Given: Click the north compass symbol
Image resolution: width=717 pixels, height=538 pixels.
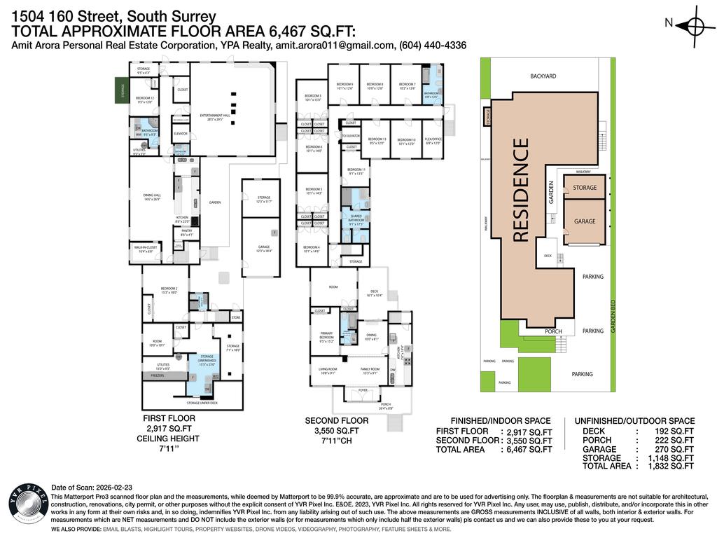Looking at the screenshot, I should [695, 26].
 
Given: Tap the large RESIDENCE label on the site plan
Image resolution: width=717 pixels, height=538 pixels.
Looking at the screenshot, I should [521, 191].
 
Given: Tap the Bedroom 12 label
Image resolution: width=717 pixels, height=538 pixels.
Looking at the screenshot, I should [144, 99].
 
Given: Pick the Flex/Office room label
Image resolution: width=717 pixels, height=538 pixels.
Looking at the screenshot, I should [433, 141].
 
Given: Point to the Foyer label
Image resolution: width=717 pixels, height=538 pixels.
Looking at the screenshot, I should [363, 390].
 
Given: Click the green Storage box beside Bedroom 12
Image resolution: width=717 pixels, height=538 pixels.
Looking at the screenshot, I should [122, 90].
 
